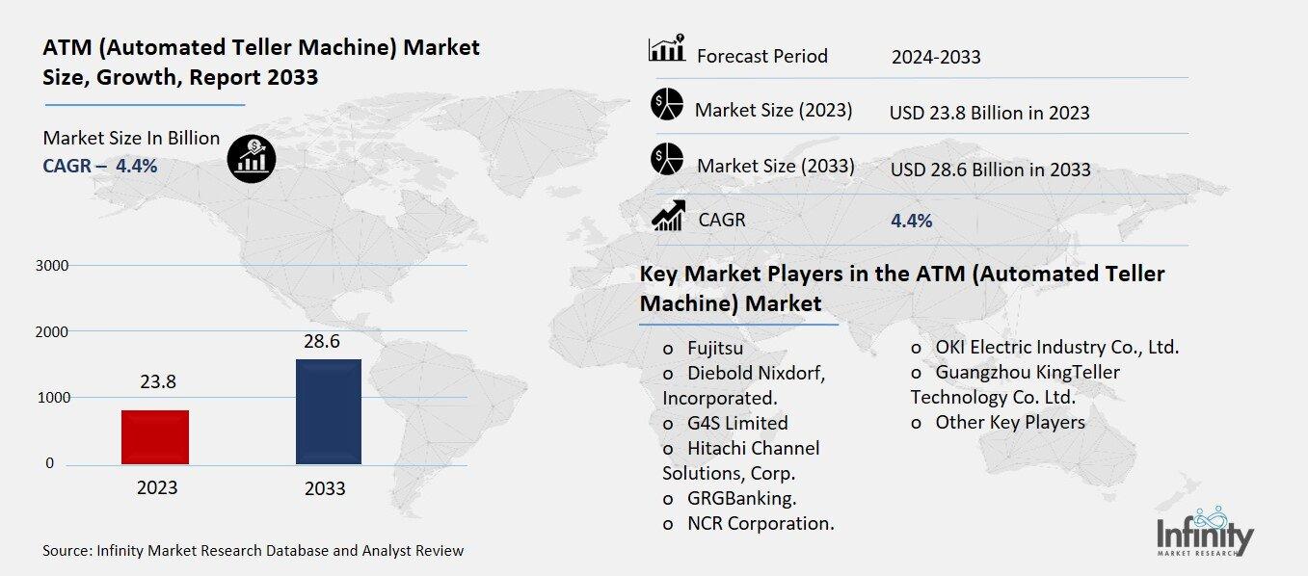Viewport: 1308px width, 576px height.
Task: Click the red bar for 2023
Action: point(155,437)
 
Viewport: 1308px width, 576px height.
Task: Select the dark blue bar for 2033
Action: point(329,411)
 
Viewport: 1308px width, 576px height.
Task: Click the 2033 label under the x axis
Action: point(325,488)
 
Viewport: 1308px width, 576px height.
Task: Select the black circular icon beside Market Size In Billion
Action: point(253,158)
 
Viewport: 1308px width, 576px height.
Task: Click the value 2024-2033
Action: point(935,57)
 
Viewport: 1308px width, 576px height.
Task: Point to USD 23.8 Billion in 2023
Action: point(989,113)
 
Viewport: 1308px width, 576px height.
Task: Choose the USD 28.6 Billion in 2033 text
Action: point(990,170)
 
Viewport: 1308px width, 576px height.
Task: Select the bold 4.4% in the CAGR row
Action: point(911,222)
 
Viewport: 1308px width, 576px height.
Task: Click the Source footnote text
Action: point(253,551)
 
